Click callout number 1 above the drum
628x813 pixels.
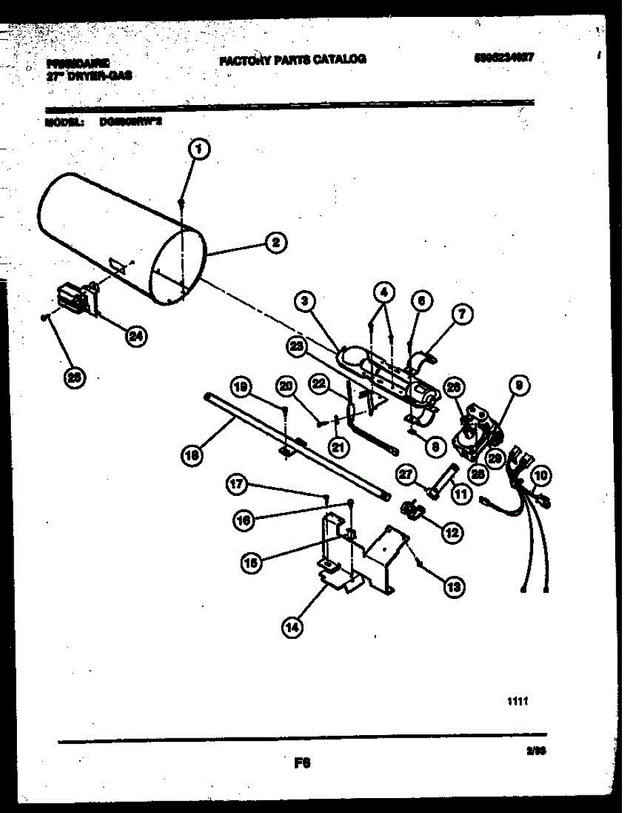point(196,150)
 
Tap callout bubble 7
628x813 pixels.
point(463,314)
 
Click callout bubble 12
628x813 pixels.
point(451,533)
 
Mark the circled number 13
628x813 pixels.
point(454,587)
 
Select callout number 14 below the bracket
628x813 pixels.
point(291,628)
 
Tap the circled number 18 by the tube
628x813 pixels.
point(192,456)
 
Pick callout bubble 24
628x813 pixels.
point(138,337)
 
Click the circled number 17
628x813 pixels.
point(236,484)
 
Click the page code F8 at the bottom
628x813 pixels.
point(302,763)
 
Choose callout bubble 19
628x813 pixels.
point(239,388)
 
